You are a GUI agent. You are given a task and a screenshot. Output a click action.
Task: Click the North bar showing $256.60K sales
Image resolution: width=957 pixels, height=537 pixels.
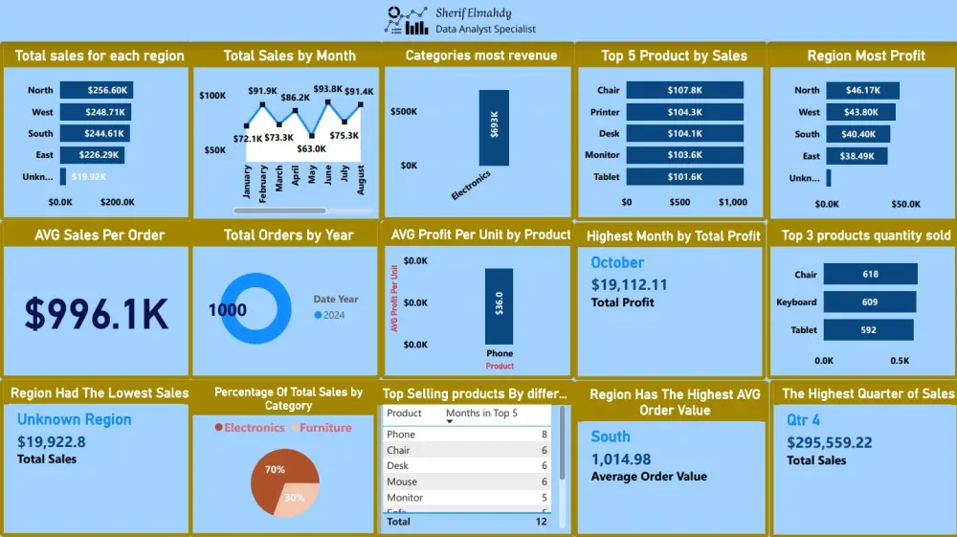pos(96,90)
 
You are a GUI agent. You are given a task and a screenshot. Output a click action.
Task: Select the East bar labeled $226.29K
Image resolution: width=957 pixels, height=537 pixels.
pos(92,155)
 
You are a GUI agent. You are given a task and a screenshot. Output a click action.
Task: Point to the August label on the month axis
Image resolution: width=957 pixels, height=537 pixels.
pos(361,179)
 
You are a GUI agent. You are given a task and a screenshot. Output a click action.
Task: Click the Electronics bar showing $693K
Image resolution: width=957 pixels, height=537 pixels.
pos(494,128)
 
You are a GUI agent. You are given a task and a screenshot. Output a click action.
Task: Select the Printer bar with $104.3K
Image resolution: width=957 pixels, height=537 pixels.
pos(683,112)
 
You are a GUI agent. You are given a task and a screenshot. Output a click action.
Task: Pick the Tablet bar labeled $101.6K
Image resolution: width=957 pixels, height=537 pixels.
pos(682,176)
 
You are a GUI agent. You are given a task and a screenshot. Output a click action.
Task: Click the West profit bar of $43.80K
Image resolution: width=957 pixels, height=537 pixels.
pos(857,112)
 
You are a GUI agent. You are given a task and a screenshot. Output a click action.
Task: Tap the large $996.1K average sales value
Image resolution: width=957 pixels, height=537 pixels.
pos(96,313)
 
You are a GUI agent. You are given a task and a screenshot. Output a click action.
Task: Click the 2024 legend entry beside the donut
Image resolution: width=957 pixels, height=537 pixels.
pos(329,315)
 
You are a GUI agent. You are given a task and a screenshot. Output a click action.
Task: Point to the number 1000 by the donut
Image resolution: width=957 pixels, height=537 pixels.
pos(227,310)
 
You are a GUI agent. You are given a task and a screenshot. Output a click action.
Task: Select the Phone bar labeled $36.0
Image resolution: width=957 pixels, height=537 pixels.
pos(499,302)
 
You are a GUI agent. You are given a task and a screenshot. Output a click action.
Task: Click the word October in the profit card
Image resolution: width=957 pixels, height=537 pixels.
pos(617,262)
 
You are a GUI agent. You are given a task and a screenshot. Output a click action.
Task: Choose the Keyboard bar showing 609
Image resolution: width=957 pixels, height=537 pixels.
pos(869,302)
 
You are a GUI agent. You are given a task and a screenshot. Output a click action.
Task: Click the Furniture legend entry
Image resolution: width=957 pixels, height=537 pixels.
pos(324,428)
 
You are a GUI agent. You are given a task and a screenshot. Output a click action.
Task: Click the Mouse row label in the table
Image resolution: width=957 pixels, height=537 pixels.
pos(402,481)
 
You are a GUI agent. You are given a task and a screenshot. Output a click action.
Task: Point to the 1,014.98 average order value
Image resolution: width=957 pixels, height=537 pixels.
pos(621,459)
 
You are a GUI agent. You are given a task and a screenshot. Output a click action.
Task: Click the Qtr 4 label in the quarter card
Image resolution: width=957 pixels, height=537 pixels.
pos(803,420)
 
